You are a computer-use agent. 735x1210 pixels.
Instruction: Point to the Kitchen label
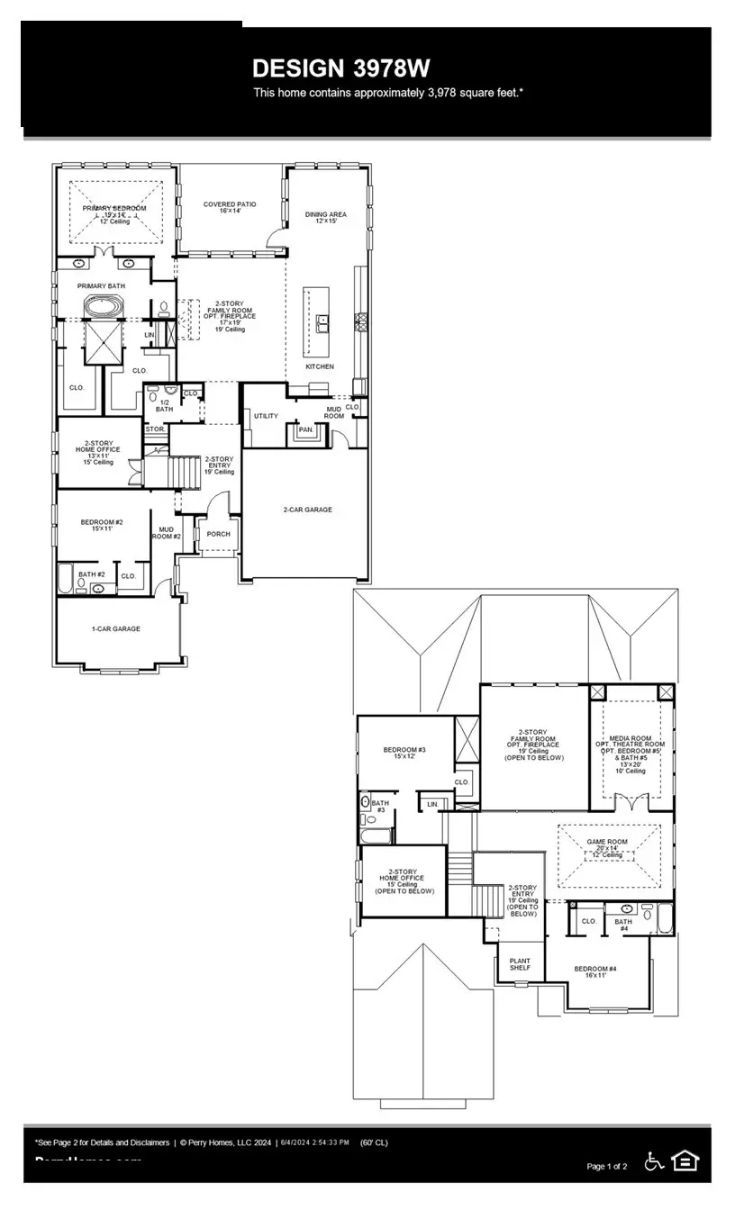[x=319, y=366]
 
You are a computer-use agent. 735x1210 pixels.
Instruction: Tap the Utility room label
[x=266, y=416]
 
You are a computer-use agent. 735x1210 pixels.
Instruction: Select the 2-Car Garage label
[x=307, y=510]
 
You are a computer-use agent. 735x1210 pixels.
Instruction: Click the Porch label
[x=218, y=534]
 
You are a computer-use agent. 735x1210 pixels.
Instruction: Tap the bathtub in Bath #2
[x=67, y=578]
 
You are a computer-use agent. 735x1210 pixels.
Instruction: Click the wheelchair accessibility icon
[x=654, y=1161]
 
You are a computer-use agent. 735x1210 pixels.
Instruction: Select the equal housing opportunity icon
[x=685, y=1161]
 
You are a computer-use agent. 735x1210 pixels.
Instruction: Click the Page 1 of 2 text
[x=606, y=1167]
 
